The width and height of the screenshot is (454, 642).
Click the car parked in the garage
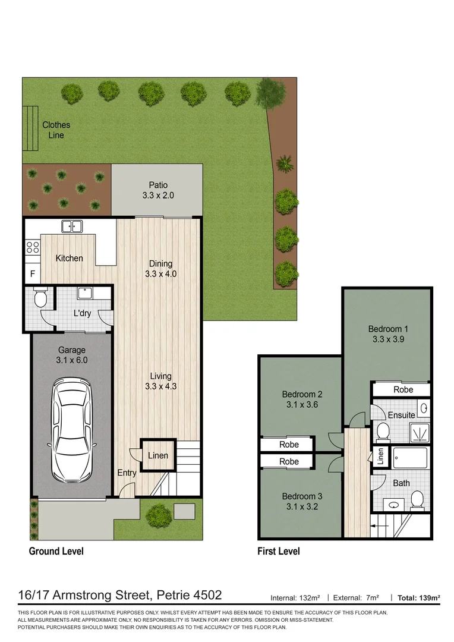click(x=71, y=430)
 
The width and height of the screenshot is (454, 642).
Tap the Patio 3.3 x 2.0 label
click(x=157, y=191)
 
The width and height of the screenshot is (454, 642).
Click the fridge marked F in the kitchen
click(x=32, y=275)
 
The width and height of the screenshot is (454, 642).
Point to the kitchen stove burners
click(x=32, y=247)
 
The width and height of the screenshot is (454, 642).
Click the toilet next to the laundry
click(x=40, y=298)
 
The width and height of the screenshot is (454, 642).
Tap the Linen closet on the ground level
click(x=158, y=456)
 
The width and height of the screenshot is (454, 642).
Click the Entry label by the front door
click(x=127, y=473)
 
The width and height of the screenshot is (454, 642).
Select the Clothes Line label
click(x=56, y=130)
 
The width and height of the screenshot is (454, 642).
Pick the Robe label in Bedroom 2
click(x=289, y=445)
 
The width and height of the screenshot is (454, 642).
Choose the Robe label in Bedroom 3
click(x=289, y=462)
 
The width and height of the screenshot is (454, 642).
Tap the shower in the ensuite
click(x=419, y=432)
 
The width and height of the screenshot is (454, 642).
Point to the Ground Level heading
click(x=56, y=551)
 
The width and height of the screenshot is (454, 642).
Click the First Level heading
click(x=278, y=551)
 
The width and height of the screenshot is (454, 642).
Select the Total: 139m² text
click(x=419, y=597)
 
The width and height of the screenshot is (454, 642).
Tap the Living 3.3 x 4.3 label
click(x=160, y=381)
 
